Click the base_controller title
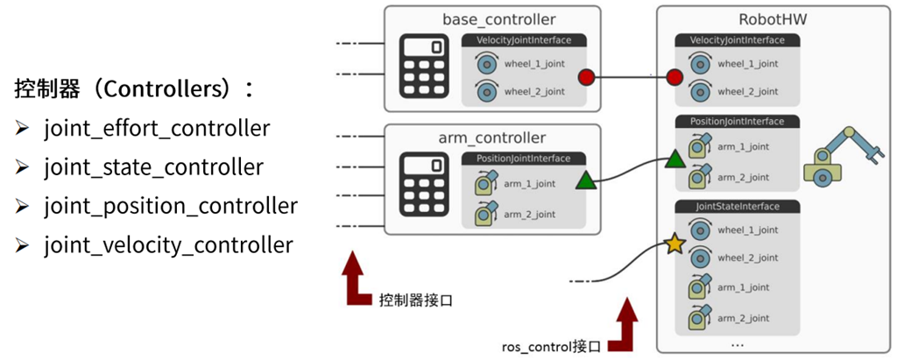(492, 19)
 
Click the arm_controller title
(492, 138)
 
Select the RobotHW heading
(737, 19)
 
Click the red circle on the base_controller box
(587, 78)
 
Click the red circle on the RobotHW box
(674, 78)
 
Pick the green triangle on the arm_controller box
(586, 181)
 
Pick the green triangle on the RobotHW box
(675, 159)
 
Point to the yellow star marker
(674, 244)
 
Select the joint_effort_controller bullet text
(157, 128)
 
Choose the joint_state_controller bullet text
(153, 166)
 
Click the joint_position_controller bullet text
(171, 206)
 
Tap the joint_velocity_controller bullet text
(168, 244)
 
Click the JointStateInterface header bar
(737, 207)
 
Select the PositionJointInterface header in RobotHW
(737, 121)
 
